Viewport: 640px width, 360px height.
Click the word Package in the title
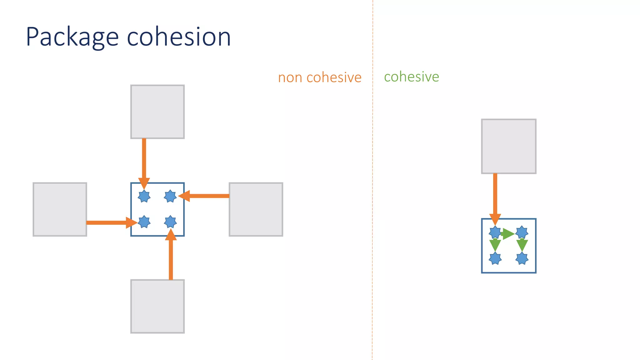coord(72,37)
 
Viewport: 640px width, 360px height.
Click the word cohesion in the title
coord(179,37)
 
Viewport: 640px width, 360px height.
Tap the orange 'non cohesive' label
coord(320,77)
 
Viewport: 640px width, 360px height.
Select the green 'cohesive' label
coord(412,77)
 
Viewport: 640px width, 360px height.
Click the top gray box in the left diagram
coord(157,112)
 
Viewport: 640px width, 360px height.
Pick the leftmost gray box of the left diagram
coord(60,209)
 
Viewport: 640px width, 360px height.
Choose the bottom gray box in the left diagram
coord(157,306)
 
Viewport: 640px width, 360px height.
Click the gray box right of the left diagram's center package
coord(256,209)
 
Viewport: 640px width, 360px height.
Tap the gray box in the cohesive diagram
coord(509,146)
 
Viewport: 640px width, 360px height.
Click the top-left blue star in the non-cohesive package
coord(144,196)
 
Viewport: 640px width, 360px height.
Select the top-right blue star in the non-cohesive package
coord(170,196)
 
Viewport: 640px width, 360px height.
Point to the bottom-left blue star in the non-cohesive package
coord(144,222)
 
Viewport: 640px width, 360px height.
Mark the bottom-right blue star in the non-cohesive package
coord(170,222)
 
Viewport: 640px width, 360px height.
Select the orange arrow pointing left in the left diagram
coord(206,196)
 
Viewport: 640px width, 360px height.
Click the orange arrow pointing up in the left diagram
coord(171,256)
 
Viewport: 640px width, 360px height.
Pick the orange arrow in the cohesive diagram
coord(495,197)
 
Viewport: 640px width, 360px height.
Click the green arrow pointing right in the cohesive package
coord(508,233)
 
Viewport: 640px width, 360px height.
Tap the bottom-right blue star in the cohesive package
coord(522,258)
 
